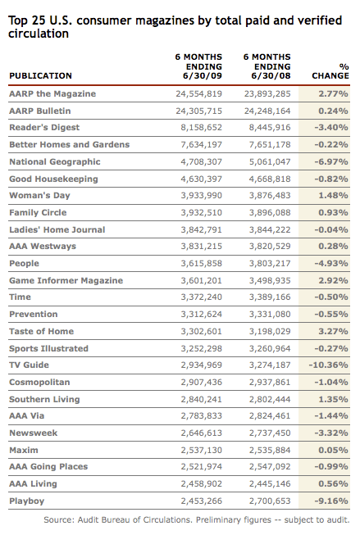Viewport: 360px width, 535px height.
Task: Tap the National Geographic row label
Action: pyautogui.click(x=52, y=161)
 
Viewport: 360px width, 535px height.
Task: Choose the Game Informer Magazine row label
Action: pyautogui.click(x=66, y=280)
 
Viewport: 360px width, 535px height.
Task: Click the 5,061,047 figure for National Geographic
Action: pyautogui.click(x=267, y=161)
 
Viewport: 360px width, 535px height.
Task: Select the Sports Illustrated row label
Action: pyautogui.click(x=48, y=347)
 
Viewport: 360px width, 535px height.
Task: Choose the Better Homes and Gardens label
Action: pyautogui.click(x=69, y=144)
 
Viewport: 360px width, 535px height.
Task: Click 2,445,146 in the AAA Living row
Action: pyautogui.click(x=267, y=483)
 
